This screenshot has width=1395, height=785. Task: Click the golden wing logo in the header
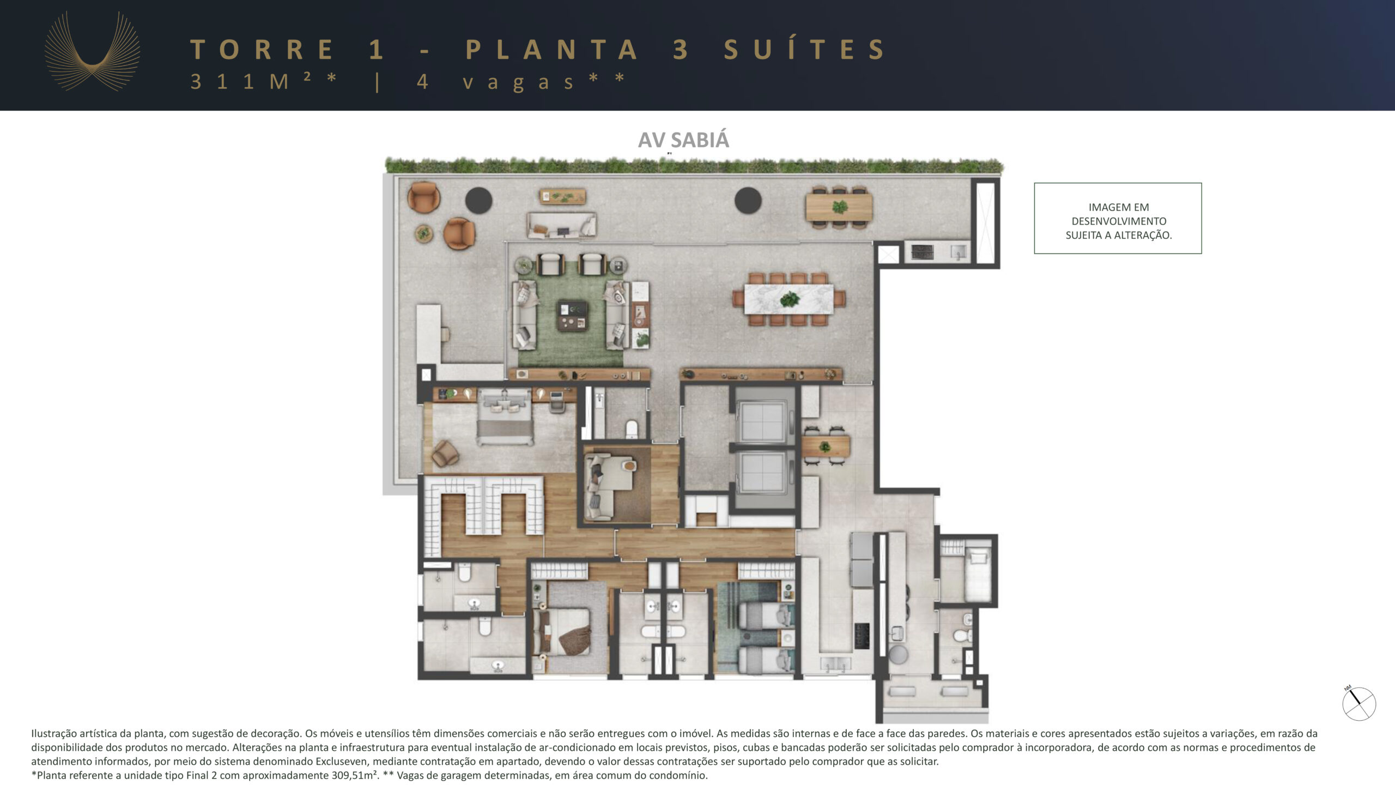point(92,52)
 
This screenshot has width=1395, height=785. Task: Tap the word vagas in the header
point(518,82)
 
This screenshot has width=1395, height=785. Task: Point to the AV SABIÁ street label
point(683,140)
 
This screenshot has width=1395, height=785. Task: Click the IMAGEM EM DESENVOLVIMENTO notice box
point(1118,218)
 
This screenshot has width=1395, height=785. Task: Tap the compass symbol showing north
point(1358,703)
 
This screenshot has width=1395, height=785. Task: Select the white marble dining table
point(789,299)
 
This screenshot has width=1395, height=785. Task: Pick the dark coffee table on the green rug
point(572,316)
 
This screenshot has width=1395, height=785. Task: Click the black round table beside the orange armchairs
point(478,201)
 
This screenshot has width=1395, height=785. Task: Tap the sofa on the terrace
point(561,225)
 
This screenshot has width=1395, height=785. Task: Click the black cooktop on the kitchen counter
point(862,636)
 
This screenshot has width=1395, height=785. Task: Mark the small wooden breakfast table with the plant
point(825,447)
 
